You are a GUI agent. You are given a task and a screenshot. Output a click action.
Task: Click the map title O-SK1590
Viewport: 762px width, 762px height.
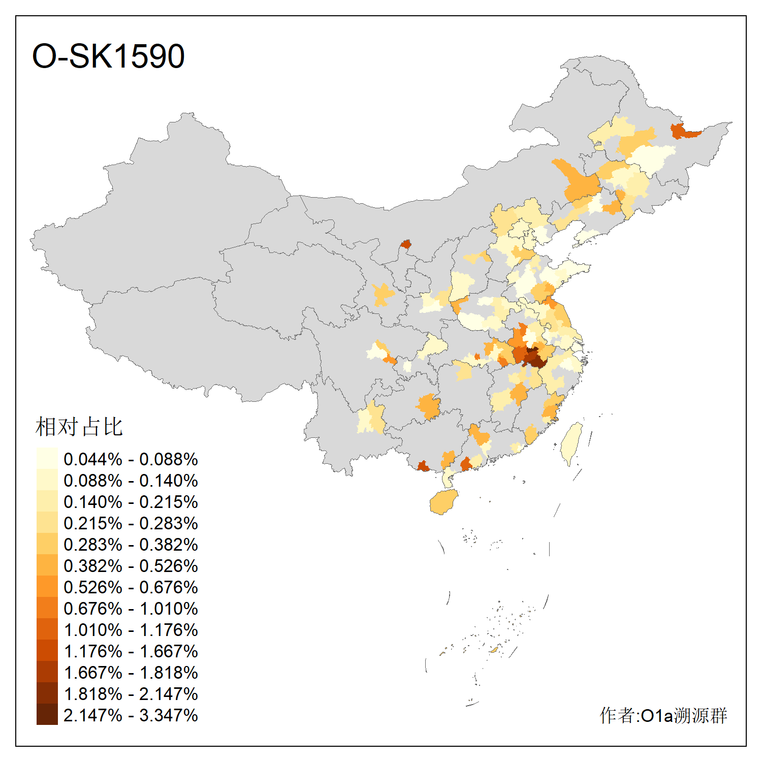(x=108, y=56)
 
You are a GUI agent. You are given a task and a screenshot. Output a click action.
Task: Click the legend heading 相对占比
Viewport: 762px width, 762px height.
(x=79, y=427)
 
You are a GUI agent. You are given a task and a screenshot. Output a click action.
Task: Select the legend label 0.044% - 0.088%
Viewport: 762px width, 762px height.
(x=131, y=459)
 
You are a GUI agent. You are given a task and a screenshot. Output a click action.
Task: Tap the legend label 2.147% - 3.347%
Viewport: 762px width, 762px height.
(x=131, y=715)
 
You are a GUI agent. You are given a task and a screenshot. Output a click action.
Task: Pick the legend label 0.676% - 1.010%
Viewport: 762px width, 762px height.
(x=131, y=609)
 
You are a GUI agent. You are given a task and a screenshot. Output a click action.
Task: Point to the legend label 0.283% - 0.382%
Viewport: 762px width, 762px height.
(x=131, y=545)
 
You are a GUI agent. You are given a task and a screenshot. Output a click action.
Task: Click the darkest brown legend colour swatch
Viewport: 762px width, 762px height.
(x=47, y=714)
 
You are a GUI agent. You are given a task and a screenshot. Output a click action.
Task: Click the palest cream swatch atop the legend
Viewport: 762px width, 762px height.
(x=47, y=458)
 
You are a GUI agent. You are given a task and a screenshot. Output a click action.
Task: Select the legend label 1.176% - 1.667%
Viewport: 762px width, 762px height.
(x=131, y=651)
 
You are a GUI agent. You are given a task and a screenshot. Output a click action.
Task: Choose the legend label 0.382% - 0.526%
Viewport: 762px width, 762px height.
(x=131, y=566)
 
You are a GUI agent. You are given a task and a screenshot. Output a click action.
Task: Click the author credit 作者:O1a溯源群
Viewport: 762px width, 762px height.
(x=663, y=715)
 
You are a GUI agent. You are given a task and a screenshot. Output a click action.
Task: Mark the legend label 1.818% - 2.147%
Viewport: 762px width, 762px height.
(x=131, y=694)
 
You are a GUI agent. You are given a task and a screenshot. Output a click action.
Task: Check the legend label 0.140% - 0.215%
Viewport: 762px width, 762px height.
(x=131, y=502)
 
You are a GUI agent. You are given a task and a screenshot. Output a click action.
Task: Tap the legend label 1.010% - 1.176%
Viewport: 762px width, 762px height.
(x=131, y=630)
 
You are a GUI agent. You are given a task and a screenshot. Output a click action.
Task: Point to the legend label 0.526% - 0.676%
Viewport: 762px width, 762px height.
(x=131, y=587)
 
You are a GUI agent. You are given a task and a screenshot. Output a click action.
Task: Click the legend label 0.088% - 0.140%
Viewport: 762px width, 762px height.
(x=131, y=481)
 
